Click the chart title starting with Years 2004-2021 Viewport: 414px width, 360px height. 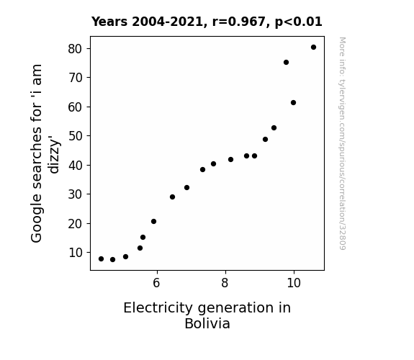pyautogui.click(x=207, y=22)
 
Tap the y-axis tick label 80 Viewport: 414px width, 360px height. pyautogui.click(x=76, y=49)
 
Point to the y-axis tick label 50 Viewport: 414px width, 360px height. pyautogui.click(x=76, y=136)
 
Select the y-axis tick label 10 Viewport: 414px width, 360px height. pyautogui.click(x=76, y=253)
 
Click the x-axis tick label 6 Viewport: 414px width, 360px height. pyautogui.click(x=156, y=283)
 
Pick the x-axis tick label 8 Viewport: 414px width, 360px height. pyautogui.click(x=225, y=283)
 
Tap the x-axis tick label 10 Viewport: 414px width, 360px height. pyautogui.click(x=293, y=283)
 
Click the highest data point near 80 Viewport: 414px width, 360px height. pyautogui.click(x=313, y=48)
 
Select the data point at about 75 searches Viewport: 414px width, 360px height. pyautogui.click(x=286, y=63)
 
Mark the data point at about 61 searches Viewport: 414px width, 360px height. pyautogui.click(x=293, y=102)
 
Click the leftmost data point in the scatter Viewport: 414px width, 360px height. pyautogui.click(x=101, y=259)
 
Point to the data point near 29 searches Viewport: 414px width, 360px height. pyautogui.click(x=172, y=197)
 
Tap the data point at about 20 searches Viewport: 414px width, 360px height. pyautogui.click(x=153, y=221)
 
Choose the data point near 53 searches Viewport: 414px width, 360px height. pyautogui.click(x=274, y=128)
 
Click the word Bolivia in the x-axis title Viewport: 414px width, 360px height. pyautogui.click(x=207, y=323)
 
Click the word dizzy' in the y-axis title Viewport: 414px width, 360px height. pyautogui.click(x=54, y=155)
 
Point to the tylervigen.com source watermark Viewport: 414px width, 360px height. pyautogui.click(x=342, y=143)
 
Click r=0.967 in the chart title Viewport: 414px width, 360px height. pyautogui.click(x=239, y=22)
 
